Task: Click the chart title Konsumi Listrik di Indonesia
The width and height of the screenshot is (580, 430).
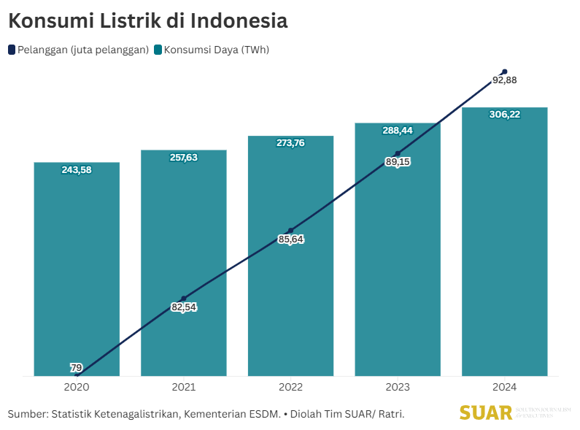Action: pos(147,21)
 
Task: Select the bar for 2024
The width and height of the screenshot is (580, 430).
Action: pos(505,248)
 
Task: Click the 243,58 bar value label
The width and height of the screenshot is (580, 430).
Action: pos(77,170)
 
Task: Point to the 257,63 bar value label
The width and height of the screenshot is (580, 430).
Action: pos(184,158)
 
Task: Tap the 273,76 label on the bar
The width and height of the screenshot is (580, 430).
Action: pos(290,143)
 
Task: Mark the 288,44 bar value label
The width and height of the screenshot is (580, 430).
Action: pos(398,131)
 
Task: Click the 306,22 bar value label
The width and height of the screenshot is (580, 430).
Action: pos(505,114)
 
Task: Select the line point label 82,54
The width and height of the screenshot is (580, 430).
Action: pos(184,307)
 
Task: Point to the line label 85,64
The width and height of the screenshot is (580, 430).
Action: pos(290,239)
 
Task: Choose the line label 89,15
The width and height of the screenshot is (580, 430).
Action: pos(398,162)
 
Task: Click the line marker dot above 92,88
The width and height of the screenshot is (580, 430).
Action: pos(505,72)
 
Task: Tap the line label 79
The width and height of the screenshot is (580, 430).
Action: pos(76,366)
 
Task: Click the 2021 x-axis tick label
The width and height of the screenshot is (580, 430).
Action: pos(184,387)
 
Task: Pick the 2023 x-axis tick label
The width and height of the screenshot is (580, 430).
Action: pos(398,387)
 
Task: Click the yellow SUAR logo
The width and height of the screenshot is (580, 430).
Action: pos(486,413)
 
